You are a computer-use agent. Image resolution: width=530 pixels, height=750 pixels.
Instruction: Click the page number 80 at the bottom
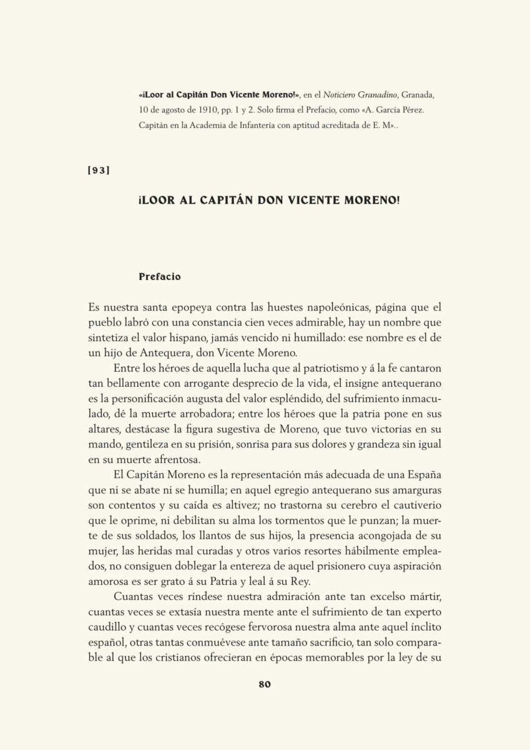(264, 684)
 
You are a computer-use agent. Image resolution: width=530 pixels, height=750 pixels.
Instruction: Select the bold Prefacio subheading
(159, 276)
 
